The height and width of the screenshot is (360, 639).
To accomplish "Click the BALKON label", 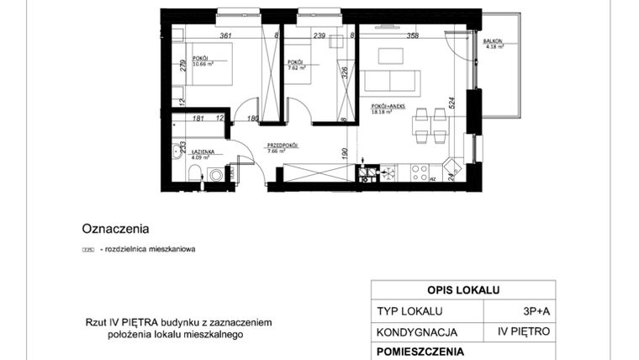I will click(x=493, y=40).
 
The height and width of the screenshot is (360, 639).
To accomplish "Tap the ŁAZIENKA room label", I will click(x=190, y=151).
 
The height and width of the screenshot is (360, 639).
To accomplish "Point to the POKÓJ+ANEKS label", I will click(x=388, y=107).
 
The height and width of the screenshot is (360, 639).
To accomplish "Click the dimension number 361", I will click(x=225, y=35).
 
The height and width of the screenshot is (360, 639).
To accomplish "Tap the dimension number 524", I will click(x=452, y=103).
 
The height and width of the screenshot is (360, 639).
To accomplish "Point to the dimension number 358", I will click(x=412, y=35).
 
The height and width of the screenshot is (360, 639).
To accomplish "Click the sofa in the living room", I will click(x=392, y=82).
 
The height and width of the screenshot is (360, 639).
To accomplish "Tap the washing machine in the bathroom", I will click(x=216, y=175).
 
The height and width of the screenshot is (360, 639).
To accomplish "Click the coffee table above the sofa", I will click(x=391, y=56).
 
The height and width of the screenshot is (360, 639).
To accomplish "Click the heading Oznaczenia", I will click(x=115, y=227).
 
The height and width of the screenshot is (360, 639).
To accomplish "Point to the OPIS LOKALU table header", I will click(x=463, y=290).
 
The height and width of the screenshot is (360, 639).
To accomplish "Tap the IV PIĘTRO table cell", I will click(x=523, y=332).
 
